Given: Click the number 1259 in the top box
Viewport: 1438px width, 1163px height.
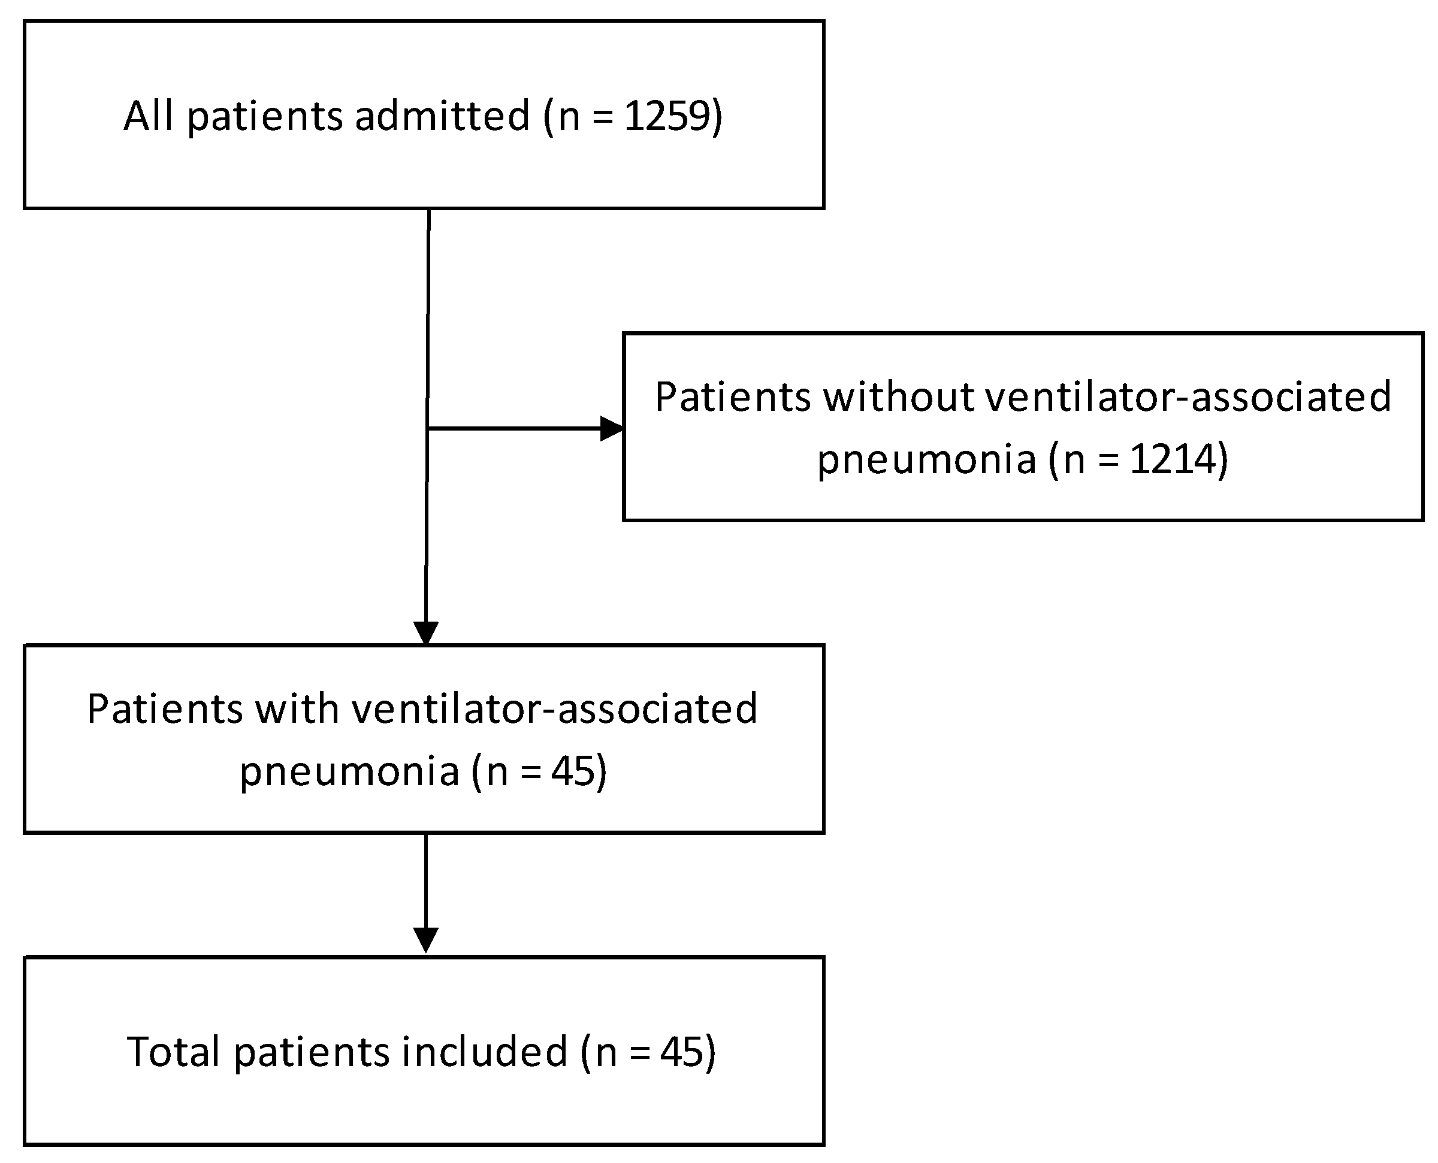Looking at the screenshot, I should (x=666, y=116).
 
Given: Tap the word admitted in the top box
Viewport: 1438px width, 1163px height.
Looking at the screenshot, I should (x=442, y=116).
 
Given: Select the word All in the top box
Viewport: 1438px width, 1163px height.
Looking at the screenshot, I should (x=149, y=116).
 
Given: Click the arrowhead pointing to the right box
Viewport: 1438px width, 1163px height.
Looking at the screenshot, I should (x=611, y=428).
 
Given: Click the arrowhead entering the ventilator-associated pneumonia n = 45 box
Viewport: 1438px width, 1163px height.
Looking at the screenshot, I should (x=426, y=633).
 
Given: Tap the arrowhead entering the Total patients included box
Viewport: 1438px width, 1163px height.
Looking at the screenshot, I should (x=426, y=939).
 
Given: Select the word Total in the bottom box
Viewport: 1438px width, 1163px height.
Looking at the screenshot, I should (x=174, y=1051).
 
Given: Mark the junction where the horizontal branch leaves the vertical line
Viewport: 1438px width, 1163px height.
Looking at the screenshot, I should (x=428, y=428).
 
